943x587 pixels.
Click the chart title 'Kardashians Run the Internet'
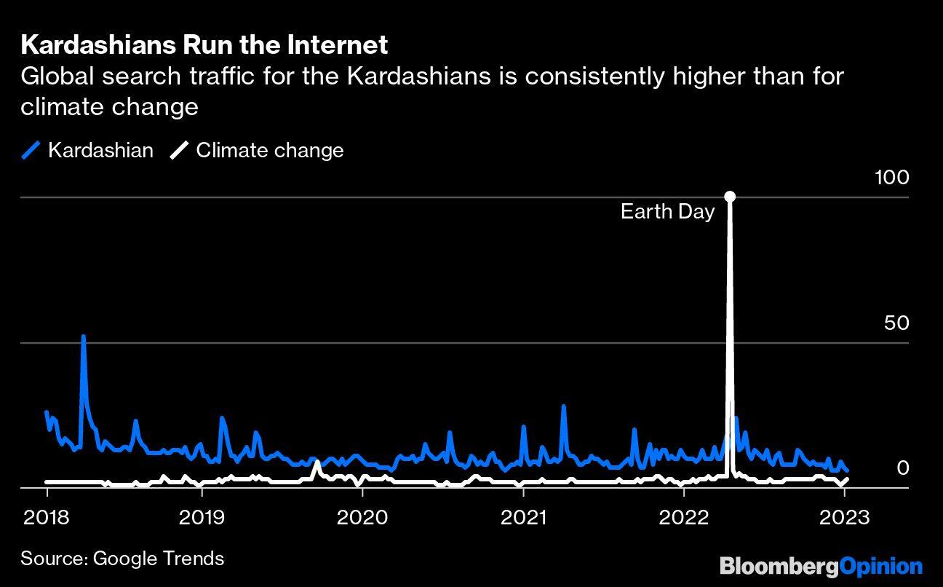click(x=204, y=45)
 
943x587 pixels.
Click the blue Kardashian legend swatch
click(x=31, y=151)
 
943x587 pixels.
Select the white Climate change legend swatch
click(x=179, y=151)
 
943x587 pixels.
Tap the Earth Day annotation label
click(x=667, y=212)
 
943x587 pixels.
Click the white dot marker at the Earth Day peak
click(x=730, y=197)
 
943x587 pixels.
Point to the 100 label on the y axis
click(x=891, y=177)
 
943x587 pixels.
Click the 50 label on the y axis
click(x=896, y=323)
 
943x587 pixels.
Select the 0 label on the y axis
click(x=902, y=468)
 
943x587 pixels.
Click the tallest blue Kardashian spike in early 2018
click(x=84, y=338)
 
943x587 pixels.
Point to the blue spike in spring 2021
click(x=563, y=407)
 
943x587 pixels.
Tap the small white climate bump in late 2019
click(x=316, y=463)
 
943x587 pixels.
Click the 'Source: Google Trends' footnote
click(x=122, y=559)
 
